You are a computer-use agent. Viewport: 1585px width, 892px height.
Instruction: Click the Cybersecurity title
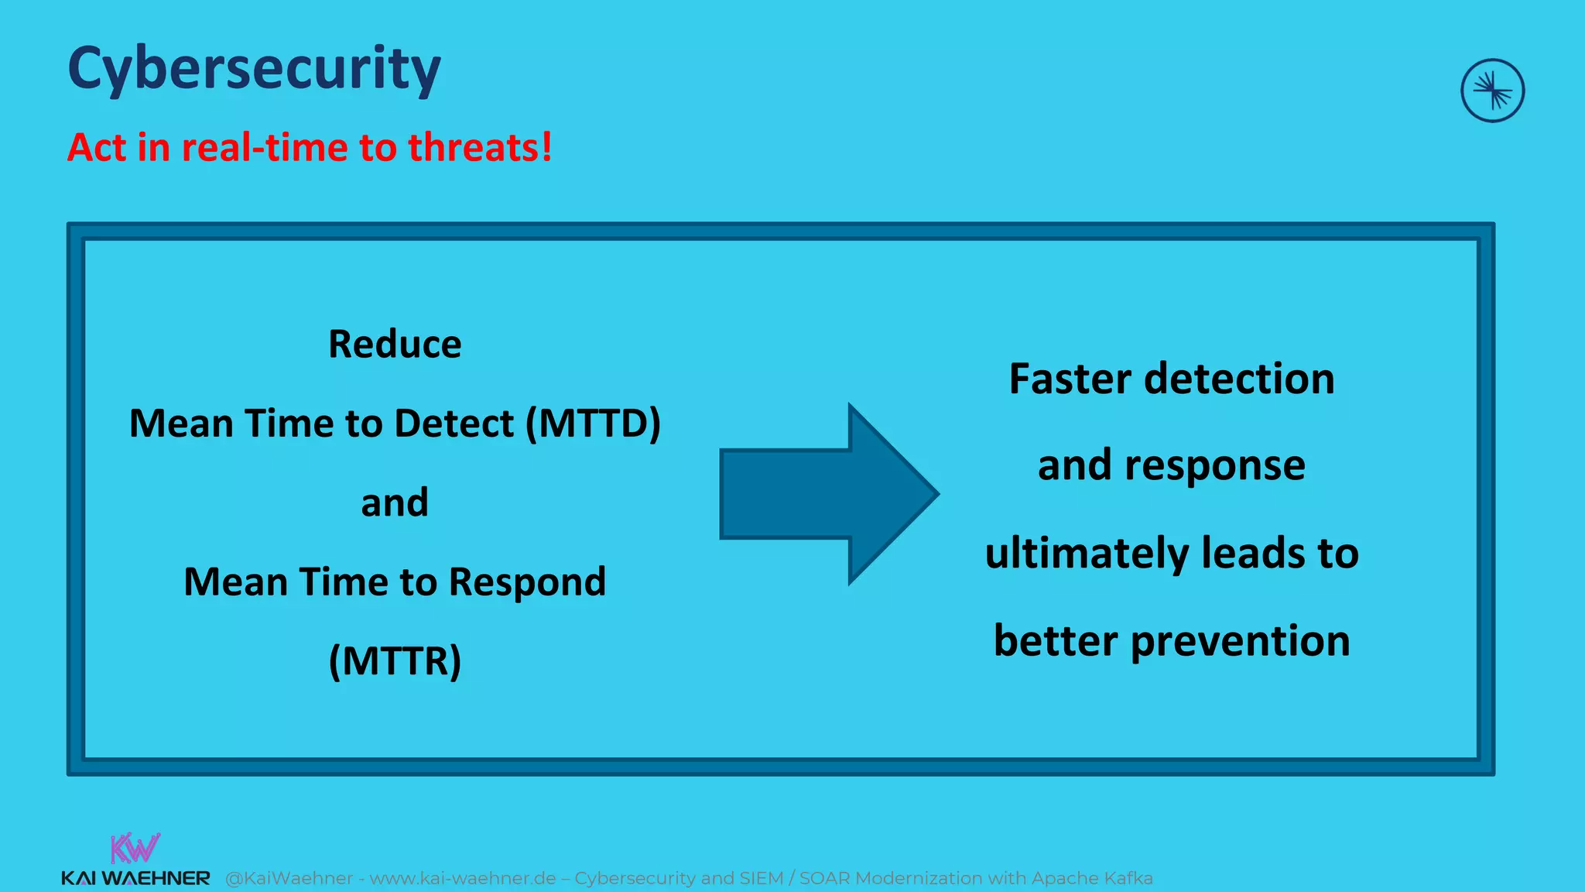point(254,70)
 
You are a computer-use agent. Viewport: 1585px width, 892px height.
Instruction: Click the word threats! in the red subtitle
point(480,147)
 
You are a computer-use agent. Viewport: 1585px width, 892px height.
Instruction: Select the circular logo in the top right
point(1492,91)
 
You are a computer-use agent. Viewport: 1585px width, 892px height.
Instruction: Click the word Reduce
point(395,344)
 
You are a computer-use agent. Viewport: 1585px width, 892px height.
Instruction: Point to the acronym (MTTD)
point(593,424)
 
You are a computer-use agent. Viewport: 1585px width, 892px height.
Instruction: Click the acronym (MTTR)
point(395,660)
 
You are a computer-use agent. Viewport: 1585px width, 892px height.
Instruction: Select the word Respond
point(527,582)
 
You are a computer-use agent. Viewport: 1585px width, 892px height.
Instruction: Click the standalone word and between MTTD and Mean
point(395,503)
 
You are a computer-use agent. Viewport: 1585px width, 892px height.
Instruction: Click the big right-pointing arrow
point(828,493)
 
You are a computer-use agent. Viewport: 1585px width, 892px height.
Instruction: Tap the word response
point(1214,466)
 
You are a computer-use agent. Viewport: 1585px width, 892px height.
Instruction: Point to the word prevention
point(1240,640)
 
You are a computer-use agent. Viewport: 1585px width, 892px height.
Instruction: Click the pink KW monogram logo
point(135,848)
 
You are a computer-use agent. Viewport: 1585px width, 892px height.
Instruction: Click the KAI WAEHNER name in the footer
point(135,878)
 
